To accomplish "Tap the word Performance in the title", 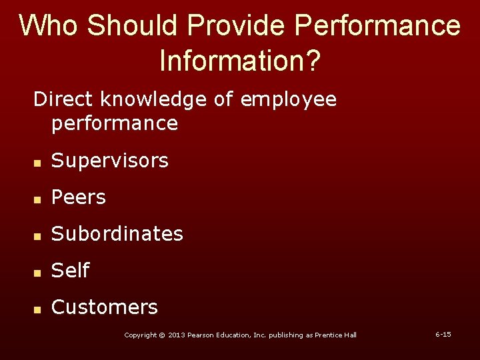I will tap(377, 25).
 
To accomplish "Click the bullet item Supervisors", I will tap(110, 161).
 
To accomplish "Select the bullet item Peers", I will tap(79, 197).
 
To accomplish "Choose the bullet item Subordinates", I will tap(117, 234).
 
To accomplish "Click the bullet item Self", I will tap(70, 271).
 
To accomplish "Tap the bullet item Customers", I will tap(105, 307).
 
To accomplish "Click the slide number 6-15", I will tap(443, 334).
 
